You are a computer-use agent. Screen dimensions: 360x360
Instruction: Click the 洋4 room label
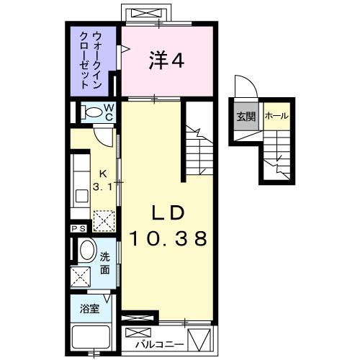pos(168,61)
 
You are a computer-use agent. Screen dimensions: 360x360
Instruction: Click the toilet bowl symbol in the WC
pos(91,112)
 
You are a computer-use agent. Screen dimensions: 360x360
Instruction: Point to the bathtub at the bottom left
pos(91,337)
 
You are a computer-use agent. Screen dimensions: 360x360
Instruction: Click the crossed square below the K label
pos(105,217)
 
